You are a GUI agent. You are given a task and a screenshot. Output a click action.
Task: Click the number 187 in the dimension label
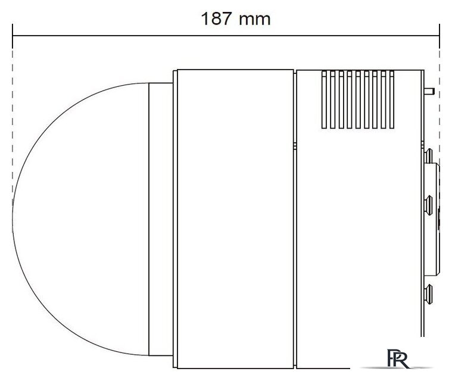216,18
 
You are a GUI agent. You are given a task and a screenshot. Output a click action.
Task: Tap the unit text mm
255,20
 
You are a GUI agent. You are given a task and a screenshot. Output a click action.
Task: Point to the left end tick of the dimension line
13,36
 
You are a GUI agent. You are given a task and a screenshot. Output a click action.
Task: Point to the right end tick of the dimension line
439,36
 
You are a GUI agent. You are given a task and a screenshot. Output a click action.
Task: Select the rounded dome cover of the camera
81,219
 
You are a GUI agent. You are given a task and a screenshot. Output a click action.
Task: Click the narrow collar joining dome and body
161,219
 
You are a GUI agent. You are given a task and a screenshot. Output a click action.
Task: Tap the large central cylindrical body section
235,219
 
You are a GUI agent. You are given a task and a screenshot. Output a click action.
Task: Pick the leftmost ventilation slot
324,99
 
